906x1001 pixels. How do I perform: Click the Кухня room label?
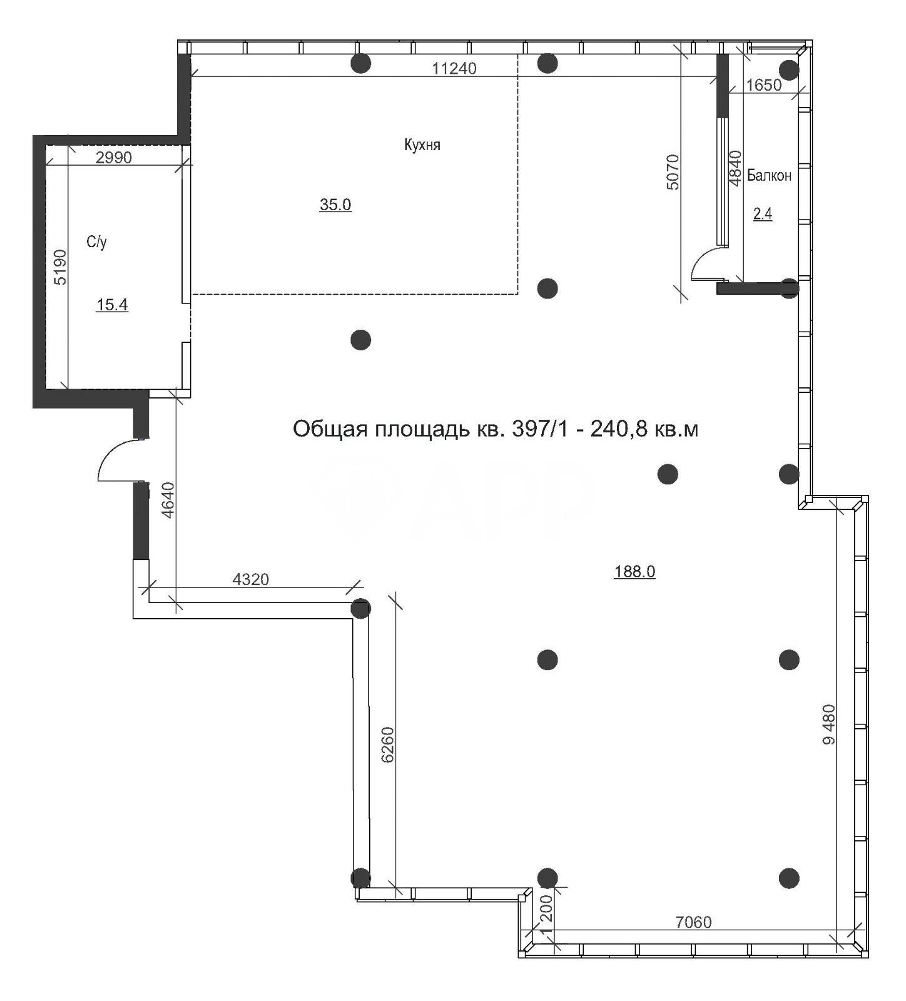422,145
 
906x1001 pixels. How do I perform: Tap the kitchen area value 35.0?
335,205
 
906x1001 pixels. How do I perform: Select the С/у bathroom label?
96,242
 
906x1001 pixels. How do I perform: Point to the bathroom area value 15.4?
112,305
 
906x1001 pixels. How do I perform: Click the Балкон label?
769,176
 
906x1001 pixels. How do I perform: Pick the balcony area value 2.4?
763,215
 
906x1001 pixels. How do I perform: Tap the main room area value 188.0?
634,571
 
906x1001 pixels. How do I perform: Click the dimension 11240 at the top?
454,68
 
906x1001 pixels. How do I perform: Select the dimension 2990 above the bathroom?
114,158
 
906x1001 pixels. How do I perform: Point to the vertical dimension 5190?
59,267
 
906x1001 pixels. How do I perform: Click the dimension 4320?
250,579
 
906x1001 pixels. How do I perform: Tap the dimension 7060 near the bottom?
694,922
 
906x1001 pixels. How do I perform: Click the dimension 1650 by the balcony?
764,85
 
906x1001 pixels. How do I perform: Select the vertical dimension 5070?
672,171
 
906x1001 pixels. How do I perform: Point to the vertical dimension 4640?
167,500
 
